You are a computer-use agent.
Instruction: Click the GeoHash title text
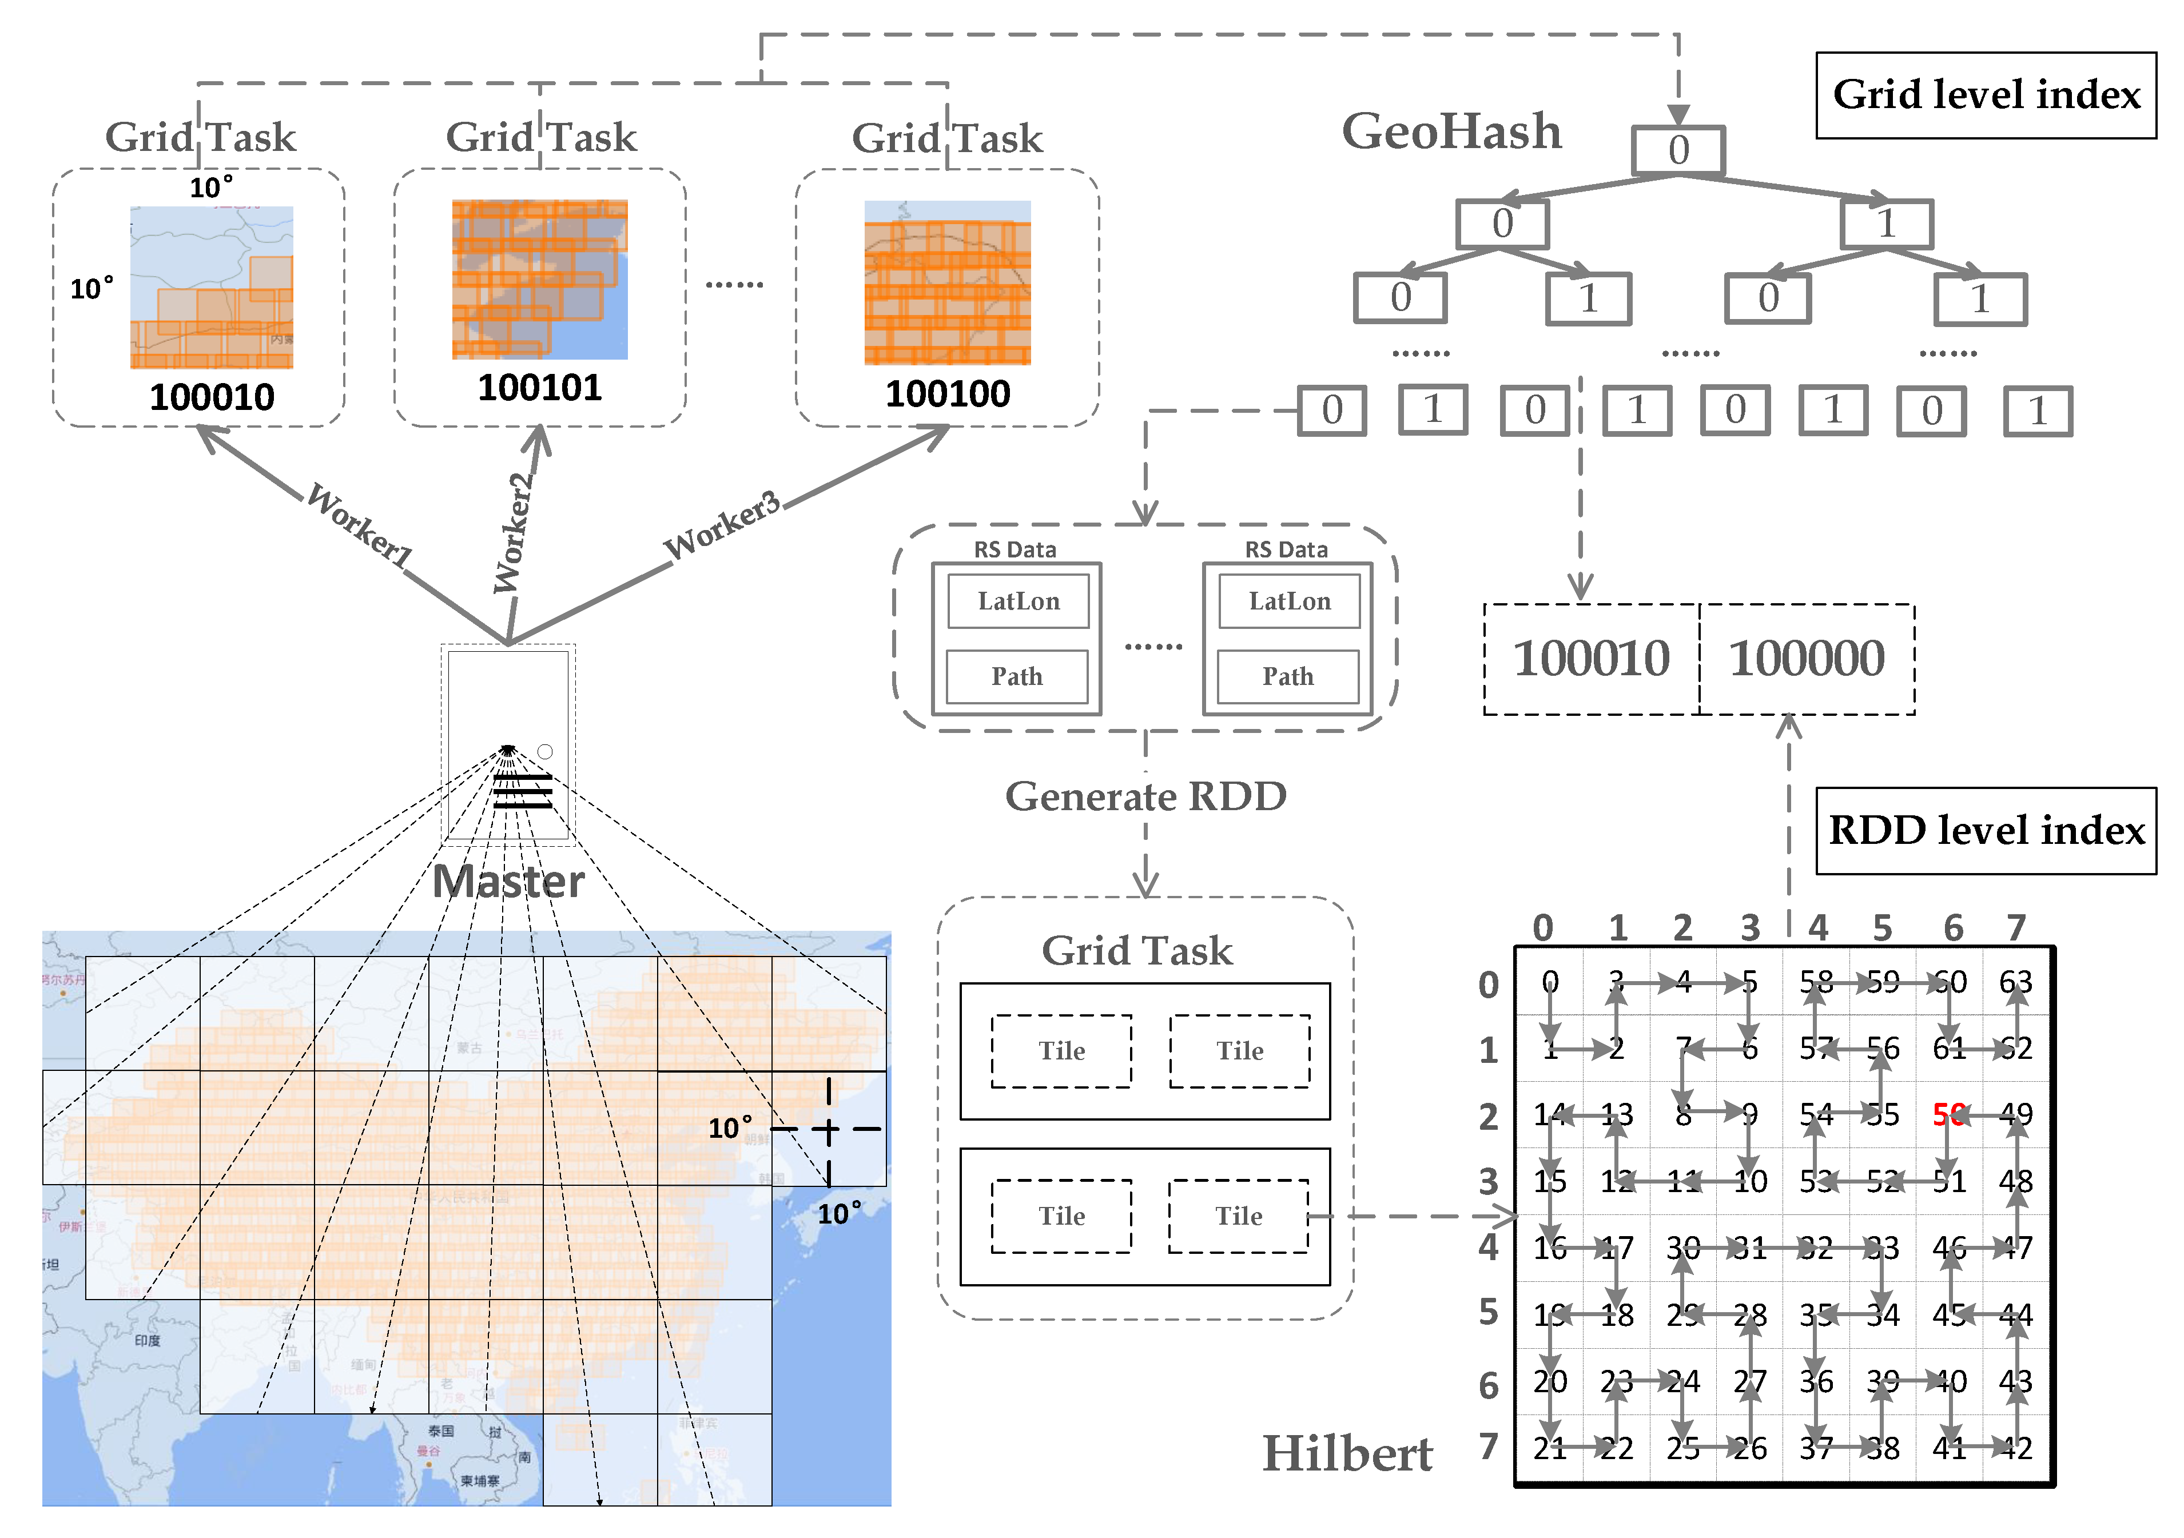1451,132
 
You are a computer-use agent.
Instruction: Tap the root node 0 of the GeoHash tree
1678,150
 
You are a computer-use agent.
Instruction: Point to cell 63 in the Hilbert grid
2015,982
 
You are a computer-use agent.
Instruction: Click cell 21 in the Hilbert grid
1550,1448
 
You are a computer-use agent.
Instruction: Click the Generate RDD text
1145,796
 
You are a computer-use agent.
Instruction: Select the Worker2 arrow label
514,533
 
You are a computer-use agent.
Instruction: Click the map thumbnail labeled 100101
539,280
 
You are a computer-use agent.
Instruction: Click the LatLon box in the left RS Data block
1018,601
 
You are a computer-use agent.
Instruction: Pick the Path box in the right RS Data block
1288,676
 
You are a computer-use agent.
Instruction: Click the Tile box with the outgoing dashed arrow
1239,1217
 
